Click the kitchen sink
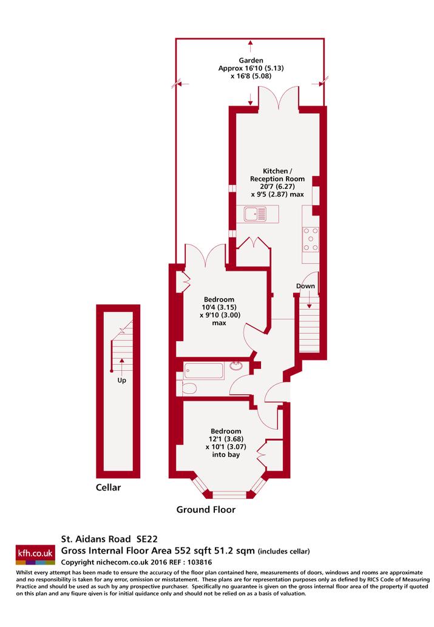coord(256,214)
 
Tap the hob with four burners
coord(311,239)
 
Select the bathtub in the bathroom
coord(204,371)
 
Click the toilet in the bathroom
coord(189,388)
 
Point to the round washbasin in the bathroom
coord(236,366)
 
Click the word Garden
coord(251,60)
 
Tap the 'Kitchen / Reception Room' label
coord(277,175)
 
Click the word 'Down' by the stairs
coord(305,286)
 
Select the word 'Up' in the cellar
coord(121,381)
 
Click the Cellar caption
coord(108,487)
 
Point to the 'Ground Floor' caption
coord(206,509)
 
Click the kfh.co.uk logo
coord(35,555)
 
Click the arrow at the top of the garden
coord(251,46)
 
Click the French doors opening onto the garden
coord(279,98)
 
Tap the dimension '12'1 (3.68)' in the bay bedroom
coord(226,439)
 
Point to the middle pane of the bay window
coord(229,495)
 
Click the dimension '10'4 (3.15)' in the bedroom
coord(219,307)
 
